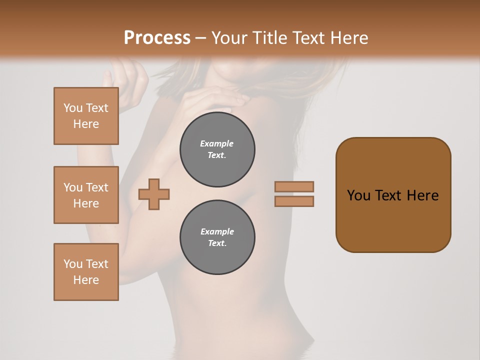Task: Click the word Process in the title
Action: click(x=157, y=38)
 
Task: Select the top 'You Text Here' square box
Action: click(x=86, y=116)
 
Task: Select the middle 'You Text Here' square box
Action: click(x=86, y=195)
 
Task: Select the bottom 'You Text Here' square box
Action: click(x=86, y=272)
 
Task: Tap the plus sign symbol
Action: click(x=154, y=193)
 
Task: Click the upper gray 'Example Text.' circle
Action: click(x=217, y=149)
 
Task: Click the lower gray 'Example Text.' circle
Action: click(x=217, y=237)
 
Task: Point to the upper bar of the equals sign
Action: click(x=294, y=186)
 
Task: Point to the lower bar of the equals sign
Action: click(x=294, y=201)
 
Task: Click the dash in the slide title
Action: click(x=200, y=38)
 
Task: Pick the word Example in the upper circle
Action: click(x=217, y=143)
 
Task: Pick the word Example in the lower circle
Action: click(x=217, y=231)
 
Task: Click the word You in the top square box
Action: click(x=73, y=108)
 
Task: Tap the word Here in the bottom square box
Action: click(x=86, y=280)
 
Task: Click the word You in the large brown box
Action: click(x=358, y=195)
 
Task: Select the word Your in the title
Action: click(x=228, y=38)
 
